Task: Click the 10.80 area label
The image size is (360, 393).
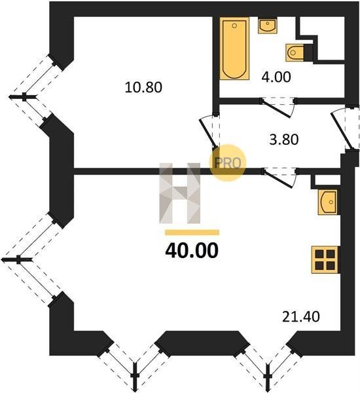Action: (143, 88)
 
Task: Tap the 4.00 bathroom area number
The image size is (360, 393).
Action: (276, 77)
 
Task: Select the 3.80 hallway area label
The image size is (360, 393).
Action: (284, 140)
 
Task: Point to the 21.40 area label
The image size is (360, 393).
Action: (301, 316)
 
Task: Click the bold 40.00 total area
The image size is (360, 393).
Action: (192, 251)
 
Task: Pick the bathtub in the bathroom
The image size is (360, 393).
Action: (234, 48)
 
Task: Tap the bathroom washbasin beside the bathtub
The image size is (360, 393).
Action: (268, 26)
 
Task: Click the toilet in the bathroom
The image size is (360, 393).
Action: (298, 52)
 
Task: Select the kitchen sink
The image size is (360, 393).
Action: (328, 202)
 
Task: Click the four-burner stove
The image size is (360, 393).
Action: (325, 259)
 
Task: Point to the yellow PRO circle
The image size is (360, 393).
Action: (228, 163)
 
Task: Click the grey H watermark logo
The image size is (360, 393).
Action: (180, 193)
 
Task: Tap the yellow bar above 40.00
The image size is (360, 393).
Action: (192, 233)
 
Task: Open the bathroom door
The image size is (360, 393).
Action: (278, 107)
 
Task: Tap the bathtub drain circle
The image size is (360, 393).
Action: (234, 26)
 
